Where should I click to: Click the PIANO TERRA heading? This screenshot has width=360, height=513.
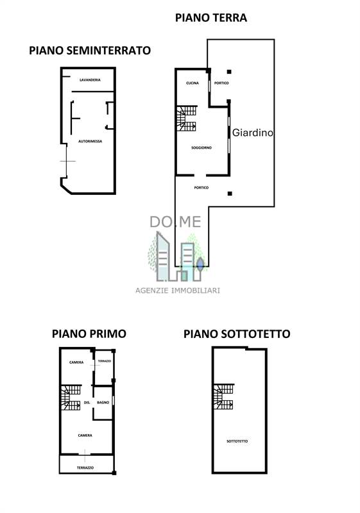click(211, 18)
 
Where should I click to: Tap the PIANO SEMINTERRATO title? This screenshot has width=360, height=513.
click(90, 51)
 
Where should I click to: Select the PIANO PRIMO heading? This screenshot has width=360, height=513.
click(89, 333)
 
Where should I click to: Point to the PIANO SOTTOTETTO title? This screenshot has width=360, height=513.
click(237, 334)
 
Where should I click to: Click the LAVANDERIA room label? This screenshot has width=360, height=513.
click(90, 80)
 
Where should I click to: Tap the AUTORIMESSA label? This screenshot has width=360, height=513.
click(90, 141)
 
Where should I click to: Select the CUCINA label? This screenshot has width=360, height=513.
click(193, 83)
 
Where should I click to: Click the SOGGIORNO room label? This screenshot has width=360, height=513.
click(201, 148)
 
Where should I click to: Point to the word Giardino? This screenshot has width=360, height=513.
click(253, 133)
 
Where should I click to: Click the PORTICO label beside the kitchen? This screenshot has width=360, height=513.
click(221, 83)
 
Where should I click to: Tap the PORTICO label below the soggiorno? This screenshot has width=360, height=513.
click(201, 188)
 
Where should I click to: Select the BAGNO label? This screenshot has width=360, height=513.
click(103, 403)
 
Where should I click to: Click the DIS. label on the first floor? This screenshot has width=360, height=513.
click(87, 403)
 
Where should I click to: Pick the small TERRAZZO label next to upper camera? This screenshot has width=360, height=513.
click(105, 361)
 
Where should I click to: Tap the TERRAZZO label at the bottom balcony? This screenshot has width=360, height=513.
click(85, 468)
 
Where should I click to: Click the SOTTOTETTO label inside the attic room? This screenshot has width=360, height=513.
click(237, 441)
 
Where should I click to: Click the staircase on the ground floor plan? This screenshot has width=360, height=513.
click(187, 118)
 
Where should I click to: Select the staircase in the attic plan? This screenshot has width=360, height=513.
click(223, 396)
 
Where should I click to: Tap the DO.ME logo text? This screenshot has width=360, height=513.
click(175, 222)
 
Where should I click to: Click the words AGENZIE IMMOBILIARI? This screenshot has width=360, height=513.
click(178, 290)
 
